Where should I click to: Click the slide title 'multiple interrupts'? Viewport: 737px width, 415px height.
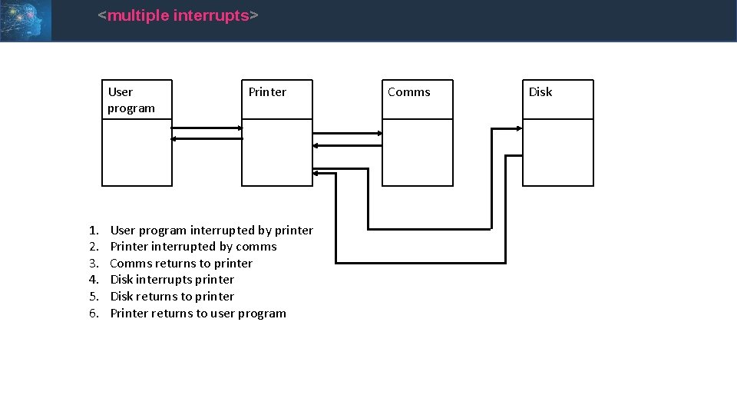(x=178, y=15)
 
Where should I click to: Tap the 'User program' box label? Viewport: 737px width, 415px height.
(x=131, y=100)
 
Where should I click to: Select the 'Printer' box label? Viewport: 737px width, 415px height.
(x=267, y=92)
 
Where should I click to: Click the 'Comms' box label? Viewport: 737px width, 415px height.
(x=408, y=92)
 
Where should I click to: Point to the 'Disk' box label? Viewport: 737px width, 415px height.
(x=540, y=92)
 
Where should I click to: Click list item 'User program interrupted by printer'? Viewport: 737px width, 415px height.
(x=211, y=230)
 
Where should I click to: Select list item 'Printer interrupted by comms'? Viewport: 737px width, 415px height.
(x=193, y=247)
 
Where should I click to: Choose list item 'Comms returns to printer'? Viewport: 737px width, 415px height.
(x=181, y=263)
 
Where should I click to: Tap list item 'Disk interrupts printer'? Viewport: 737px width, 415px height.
(x=172, y=280)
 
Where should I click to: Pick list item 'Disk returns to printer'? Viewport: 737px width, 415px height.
(x=172, y=297)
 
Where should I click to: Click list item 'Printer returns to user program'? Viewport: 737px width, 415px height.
(x=198, y=314)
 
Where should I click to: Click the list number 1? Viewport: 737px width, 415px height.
(x=94, y=230)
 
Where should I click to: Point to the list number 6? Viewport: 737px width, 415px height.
(x=94, y=314)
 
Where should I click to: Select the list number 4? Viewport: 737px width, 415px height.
(x=94, y=280)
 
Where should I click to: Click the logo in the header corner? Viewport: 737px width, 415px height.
(x=25, y=20)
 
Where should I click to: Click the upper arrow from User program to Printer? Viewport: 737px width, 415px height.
(x=207, y=128)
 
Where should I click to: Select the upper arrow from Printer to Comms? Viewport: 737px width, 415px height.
(x=348, y=133)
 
